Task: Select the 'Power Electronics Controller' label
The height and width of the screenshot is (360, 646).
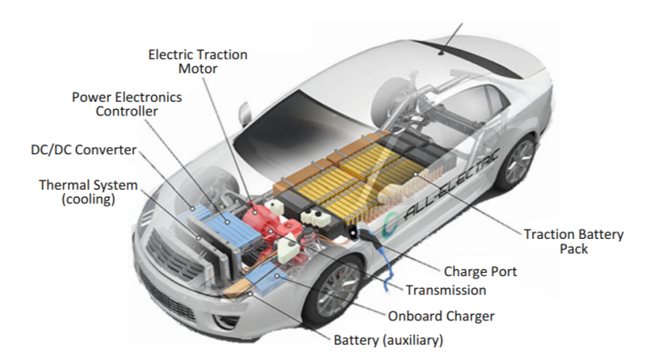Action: (127, 104)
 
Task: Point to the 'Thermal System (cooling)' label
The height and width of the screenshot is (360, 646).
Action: (88, 192)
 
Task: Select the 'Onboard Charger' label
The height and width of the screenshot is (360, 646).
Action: (441, 316)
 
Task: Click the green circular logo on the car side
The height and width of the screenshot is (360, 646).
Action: (391, 221)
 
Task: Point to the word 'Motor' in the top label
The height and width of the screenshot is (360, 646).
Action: (198, 69)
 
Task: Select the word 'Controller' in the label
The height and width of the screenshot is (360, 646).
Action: (127, 111)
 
